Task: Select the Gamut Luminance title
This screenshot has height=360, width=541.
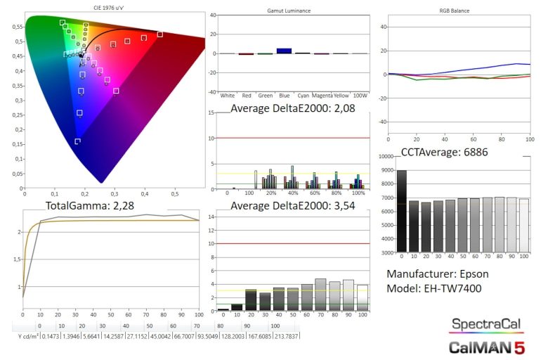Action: click(x=289, y=12)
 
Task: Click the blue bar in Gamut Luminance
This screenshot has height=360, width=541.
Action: click(x=284, y=51)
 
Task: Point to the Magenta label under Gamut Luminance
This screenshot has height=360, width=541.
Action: click(x=322, y=95)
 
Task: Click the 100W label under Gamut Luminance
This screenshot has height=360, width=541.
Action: click(x=359, y=95)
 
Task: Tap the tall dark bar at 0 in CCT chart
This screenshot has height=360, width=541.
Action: click(x=401, y=211)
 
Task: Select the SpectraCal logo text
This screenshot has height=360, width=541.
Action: click(x=485, y=324)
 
